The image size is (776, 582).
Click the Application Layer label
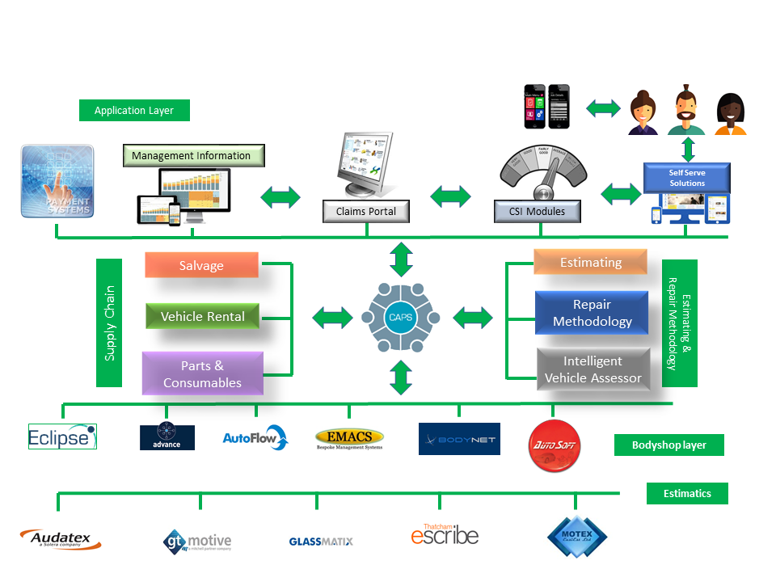click(x=134, y=111)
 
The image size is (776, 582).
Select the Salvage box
click(x=201, y=265)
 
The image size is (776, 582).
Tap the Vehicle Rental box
click(x=202, y=316)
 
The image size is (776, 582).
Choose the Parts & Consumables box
click(x=202, y=373)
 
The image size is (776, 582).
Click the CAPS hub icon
click(x=400, y=317)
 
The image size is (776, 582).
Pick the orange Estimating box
click(x=590, y=262)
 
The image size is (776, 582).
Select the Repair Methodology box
click(x=591, y=313)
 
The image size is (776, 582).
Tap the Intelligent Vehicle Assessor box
click(x=593, y=369)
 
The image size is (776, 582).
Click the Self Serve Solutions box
click(x=686, y=178)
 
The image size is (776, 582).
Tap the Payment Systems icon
click(x=57, y=181)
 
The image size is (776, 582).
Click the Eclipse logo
click(x=62, y=436)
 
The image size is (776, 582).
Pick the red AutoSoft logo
click(x=554, y=445)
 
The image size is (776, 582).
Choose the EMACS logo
click(x=349, y=439)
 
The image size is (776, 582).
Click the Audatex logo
click(x=55, y=539)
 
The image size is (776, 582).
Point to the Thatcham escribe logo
click(x=445, y=533)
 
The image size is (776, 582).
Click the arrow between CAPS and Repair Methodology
click(x=473, y=317)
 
